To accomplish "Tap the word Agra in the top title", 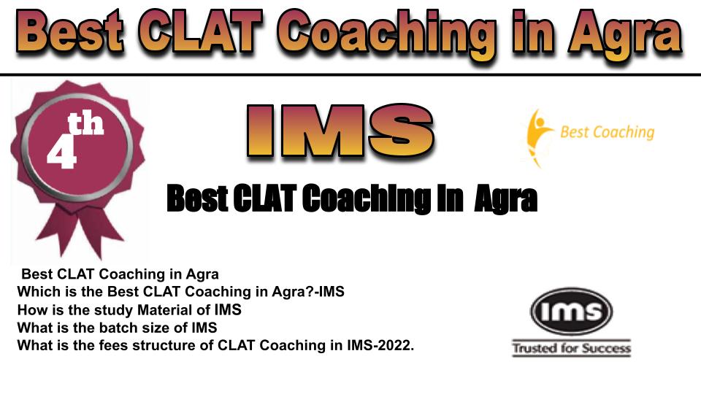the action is click(x=626, y=36).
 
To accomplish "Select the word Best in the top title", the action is click(x=70, y=32).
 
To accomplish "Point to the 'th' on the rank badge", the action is click(x=86, y=124).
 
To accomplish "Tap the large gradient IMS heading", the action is click(x=340, y=131).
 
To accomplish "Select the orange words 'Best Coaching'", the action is click(x=607, y=132).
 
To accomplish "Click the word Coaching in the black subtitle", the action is click(x=367, y=198).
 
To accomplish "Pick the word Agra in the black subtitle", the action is click(x=505, y=199).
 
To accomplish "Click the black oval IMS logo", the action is click(x=571, y=312).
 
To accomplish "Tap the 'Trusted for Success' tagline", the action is click(x=571, y=348).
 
